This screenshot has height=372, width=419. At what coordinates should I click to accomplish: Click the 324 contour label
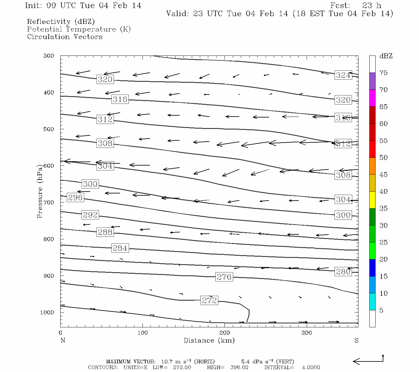point(343,75)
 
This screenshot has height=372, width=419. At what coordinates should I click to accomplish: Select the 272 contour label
point(209,300)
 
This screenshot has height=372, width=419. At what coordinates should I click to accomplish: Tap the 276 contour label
point(224,277)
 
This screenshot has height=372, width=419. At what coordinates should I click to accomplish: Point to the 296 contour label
point(75,197)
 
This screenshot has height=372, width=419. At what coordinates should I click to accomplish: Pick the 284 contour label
point(120,248)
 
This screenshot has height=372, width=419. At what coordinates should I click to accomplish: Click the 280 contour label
point(343,272)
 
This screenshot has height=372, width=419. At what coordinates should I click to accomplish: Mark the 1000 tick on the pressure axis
point(47,312)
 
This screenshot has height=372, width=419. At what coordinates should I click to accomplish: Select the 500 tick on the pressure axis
point(49,129)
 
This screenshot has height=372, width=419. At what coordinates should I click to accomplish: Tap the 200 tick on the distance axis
point(225,333)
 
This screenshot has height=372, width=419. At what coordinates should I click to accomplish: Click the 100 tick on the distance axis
point(143,333)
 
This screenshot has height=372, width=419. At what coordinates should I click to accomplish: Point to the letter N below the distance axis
point(63,340)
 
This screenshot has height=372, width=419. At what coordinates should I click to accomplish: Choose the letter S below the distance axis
point(356,340)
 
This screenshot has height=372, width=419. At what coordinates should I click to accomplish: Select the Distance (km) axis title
point(209,340)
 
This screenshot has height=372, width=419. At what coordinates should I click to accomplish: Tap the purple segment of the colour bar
point(372,81)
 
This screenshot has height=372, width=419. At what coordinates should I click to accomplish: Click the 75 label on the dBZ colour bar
point(384,73)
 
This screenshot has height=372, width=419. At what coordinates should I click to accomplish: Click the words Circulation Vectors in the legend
point(65,37)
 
